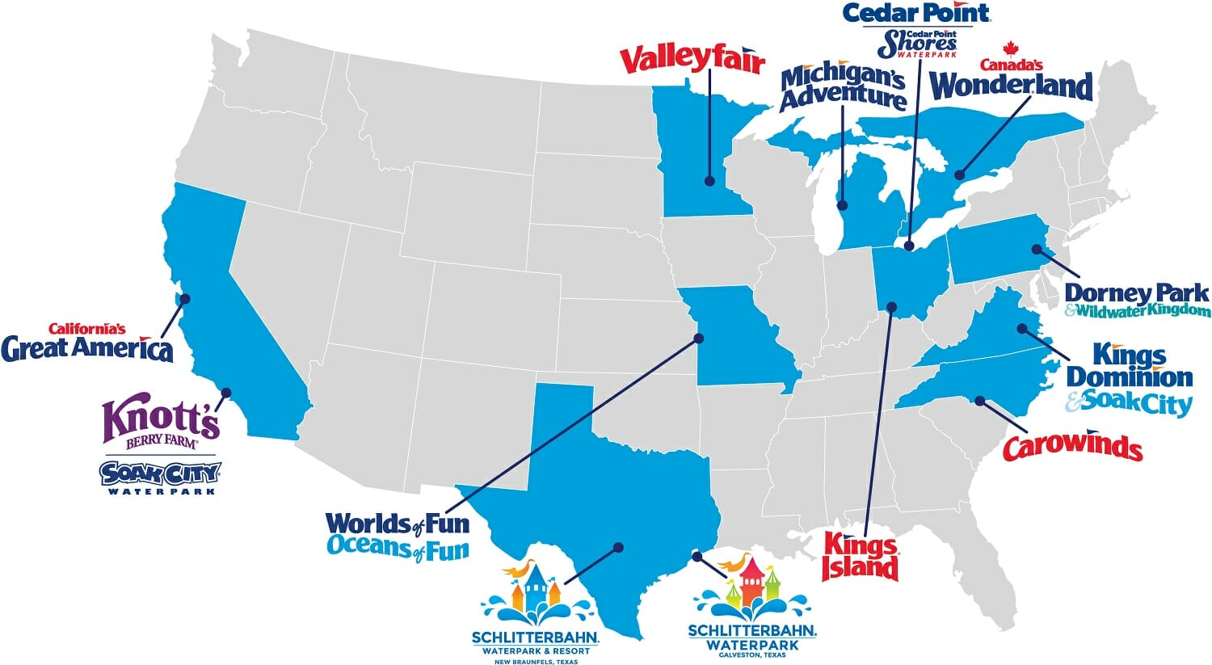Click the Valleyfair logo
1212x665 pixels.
(x=692, y=60)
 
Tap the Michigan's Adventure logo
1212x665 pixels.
(x=842, y=86)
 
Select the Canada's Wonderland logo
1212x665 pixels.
(x=1012, y=85)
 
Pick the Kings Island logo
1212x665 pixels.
(x=860, y=557)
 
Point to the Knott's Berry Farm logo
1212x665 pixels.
(x=161, y=423)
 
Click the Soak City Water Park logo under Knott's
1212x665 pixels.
(x=161, y=477)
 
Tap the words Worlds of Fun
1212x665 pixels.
(x=397, y=524)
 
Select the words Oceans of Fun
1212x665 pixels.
(x=398, y=549)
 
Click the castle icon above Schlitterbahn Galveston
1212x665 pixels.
(x=751, y=583)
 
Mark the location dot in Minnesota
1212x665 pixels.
(x=709, y=181)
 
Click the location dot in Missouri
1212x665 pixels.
(x=697, y=338)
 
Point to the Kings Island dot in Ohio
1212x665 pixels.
(x=892, y=306)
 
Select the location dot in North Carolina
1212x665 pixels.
(x=979, y=400)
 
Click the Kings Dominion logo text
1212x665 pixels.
(x=1129, y=366)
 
